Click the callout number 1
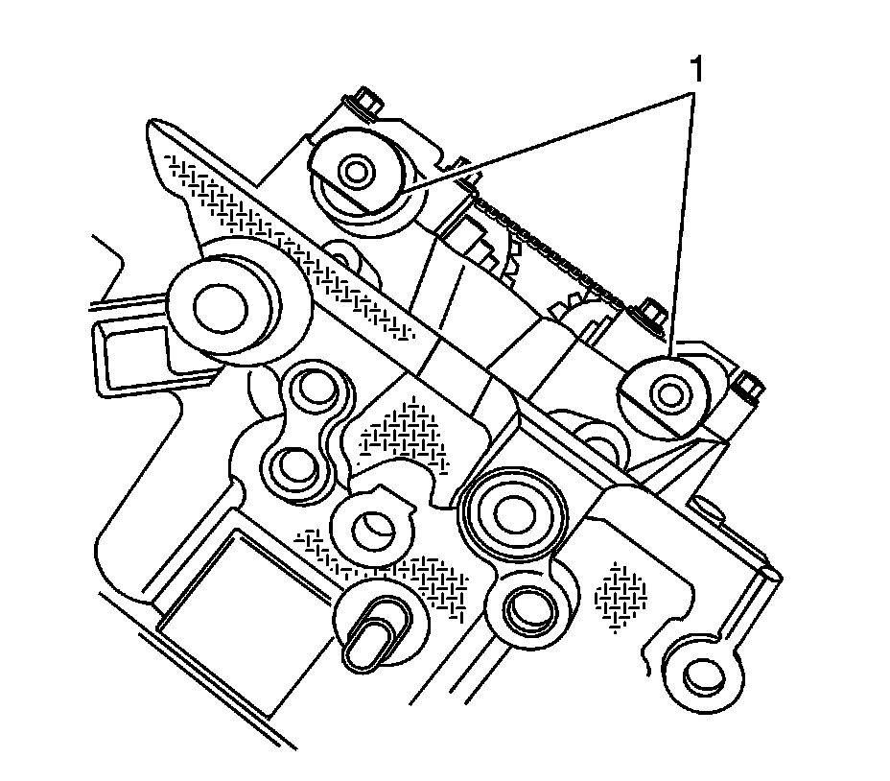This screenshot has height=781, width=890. point(698,70)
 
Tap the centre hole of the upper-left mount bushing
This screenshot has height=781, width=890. point(358,174)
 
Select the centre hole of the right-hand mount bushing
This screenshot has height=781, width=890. point(668,392)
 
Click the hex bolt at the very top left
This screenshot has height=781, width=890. point(365,99)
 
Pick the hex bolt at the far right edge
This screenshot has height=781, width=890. point(748,389)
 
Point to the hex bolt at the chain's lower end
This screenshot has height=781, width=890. point(653,316)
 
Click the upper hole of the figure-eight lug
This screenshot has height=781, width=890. point(313,388)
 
